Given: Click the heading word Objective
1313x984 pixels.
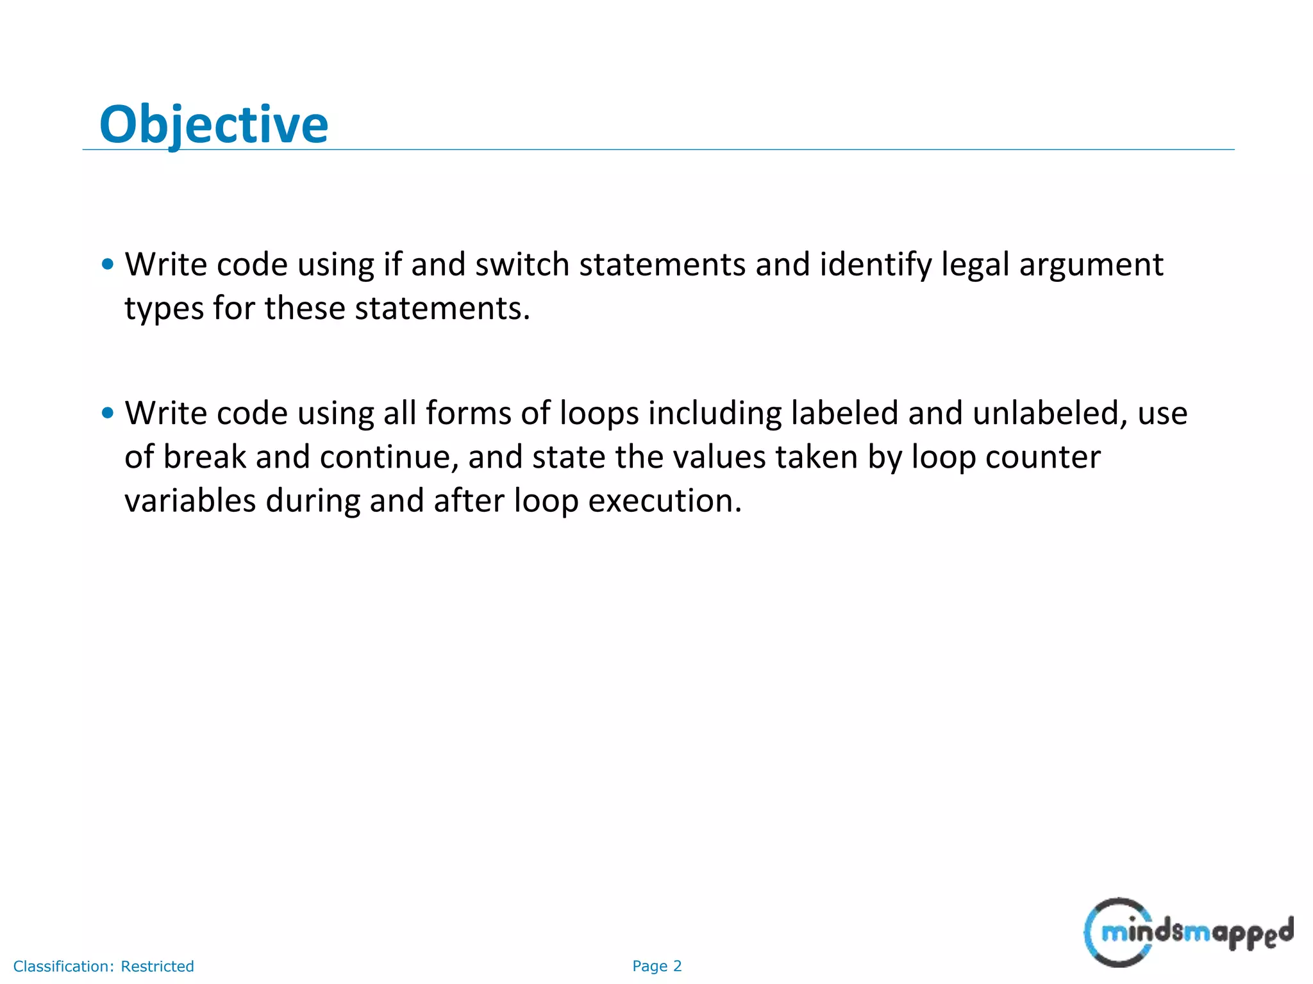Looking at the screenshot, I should [x=213, y=124].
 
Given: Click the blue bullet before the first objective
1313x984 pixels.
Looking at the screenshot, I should [x=108, y=264].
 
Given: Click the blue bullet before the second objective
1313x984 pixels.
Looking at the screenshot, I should [x=108, y=413].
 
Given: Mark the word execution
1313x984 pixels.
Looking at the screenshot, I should [x=665, y=500].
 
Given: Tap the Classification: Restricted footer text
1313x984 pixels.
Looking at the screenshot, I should [x=104, y=966].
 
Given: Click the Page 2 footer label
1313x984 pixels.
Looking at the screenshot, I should [x=656, y=966].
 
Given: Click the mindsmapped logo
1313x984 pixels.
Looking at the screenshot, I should [x=1187, y=932].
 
